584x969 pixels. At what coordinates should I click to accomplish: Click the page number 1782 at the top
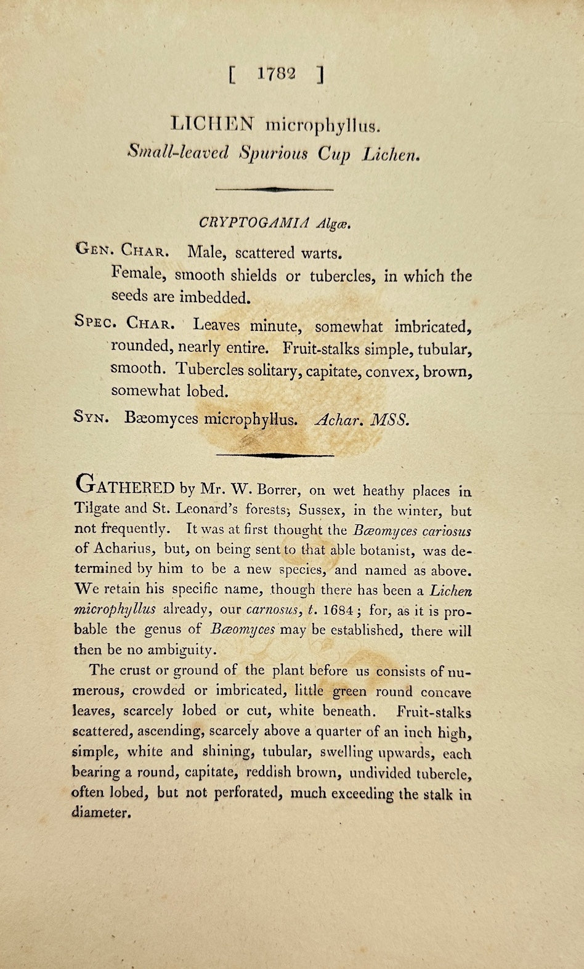point(277,73)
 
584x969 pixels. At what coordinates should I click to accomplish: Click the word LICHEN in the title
point(212,124)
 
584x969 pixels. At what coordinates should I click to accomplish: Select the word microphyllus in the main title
point(323,126)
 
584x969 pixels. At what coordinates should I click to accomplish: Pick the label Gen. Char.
point(122,251)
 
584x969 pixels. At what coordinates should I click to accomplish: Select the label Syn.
point(92,418)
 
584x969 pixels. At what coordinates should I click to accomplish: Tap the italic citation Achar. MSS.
point(362,420)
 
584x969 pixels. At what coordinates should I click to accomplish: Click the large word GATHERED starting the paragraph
point(126,487)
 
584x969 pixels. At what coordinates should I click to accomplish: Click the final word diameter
point(101,812)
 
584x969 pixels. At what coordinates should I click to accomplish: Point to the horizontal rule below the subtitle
point(275,190)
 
